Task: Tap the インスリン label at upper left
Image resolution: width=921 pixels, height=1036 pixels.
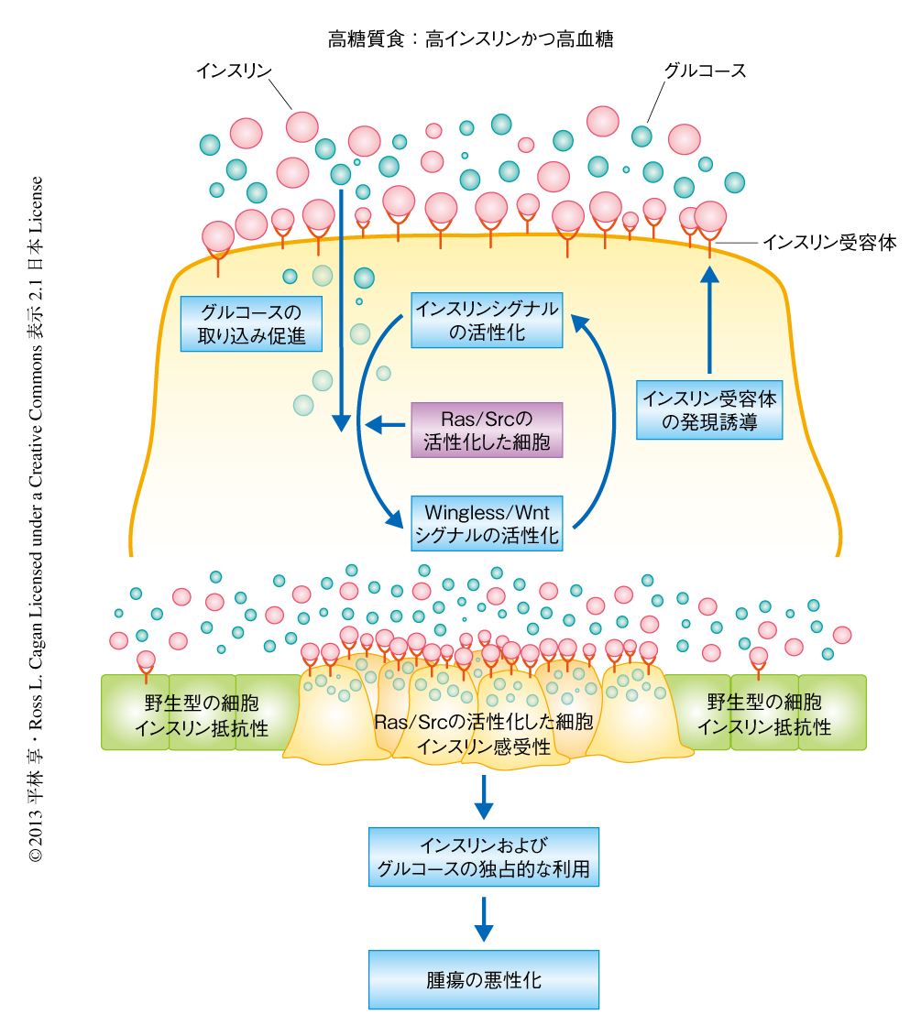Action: pyautogui.click(x=235, y=71)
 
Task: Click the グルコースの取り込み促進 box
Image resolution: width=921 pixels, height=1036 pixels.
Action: pyautogui.click(x=252, y=322)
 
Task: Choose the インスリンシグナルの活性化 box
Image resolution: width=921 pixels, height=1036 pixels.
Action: pyautogui.click(x=487, y=320)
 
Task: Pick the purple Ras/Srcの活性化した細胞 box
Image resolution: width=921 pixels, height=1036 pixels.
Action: pyautogui.click(x=487, y=430)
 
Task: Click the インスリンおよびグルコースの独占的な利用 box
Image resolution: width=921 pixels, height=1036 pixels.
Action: pyautogui.click(x=483, y=856)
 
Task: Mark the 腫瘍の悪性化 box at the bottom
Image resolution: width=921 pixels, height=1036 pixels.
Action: pyautogui.click(x=483, y=979)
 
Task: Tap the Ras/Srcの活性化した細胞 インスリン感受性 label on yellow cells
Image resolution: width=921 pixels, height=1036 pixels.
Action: pyautogui.click(x=483, y=734)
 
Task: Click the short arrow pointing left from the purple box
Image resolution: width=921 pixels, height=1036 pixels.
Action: pyautogui.click(x=385, y=424)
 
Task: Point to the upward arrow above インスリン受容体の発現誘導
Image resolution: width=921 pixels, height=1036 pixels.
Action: pyautogui.click(x=710, y=321)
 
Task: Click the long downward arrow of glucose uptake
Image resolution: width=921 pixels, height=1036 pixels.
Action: pyautogui.click(x=341, y=311)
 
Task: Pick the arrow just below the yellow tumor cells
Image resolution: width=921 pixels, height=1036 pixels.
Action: pyautogui.click(x=483, y=796)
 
